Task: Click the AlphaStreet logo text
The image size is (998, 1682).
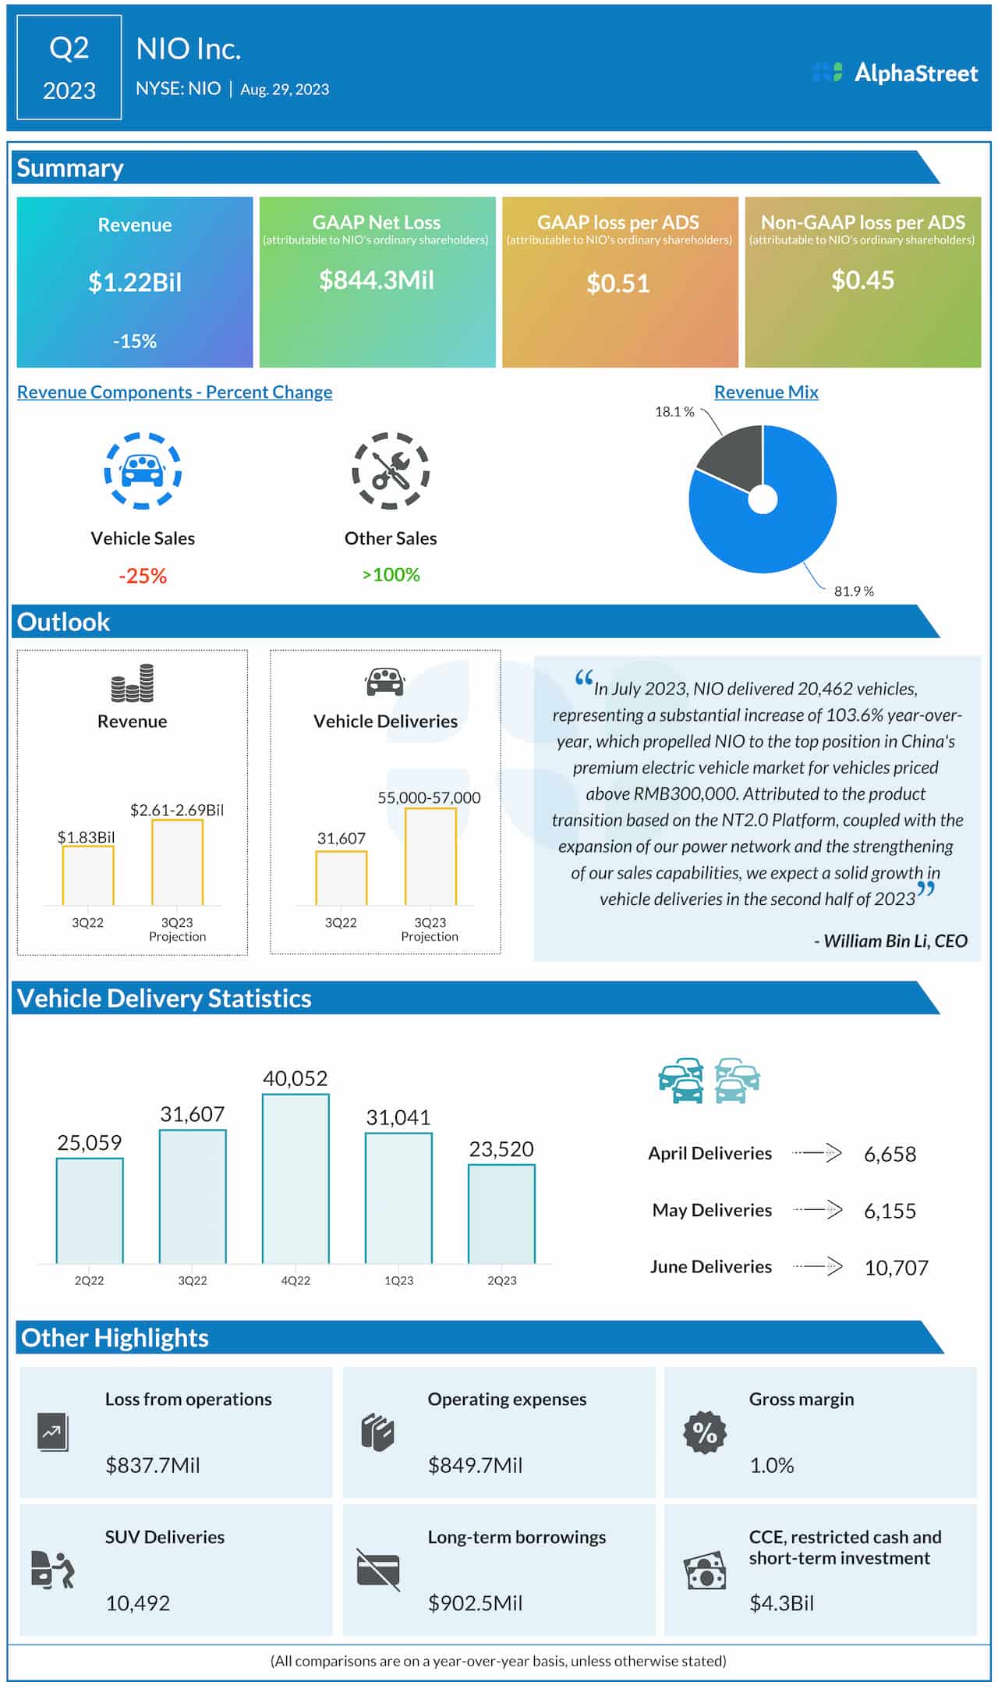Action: [x=915, y=73]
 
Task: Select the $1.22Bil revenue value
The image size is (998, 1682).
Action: [x=135, y=282]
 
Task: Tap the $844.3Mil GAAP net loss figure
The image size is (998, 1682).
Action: [x=377, y=280]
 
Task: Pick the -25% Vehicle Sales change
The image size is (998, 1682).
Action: [x=143, y=576]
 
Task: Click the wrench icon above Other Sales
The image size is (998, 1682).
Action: [x=391, y=470]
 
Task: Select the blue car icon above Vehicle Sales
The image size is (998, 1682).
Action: [x=143, y=470]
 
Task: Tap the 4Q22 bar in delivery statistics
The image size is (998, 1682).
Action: [x=296, y=1178]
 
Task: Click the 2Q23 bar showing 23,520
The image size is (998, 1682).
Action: [x=501, y=1213]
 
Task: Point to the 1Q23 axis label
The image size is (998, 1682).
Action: [x=398, y=1280]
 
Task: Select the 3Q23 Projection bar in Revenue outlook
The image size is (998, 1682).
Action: [x=177, y=862]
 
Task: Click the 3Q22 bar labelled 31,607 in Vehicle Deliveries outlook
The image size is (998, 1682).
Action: [x=341, y=878]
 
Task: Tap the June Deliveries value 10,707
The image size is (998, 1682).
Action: [x=896, y=1268]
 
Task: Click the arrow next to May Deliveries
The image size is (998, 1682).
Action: [x=818, y=1210]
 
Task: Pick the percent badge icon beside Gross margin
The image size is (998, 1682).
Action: [x=705, y=1432]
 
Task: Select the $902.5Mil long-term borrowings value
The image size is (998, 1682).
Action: [x=475, y=1602]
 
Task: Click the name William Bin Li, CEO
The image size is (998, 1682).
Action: [x=890, y=941]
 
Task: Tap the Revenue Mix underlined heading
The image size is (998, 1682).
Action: [x=766, y=392]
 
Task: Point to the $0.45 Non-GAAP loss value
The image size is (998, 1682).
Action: [x=862, y=280]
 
